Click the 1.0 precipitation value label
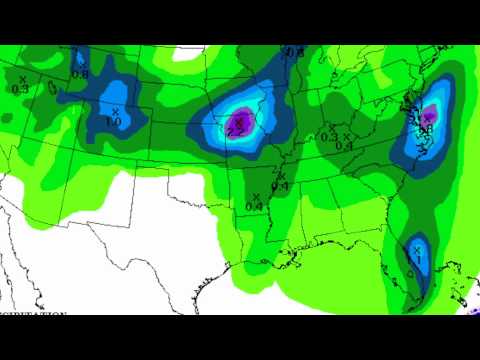pos(113,121)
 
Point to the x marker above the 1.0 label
pos(116,110)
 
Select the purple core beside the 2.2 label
pos(238,122)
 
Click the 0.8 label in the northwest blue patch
pos(80,73)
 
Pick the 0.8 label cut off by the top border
pos(293,51)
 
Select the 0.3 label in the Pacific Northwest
pos(19,88)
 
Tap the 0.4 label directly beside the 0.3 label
pos(345,146)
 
